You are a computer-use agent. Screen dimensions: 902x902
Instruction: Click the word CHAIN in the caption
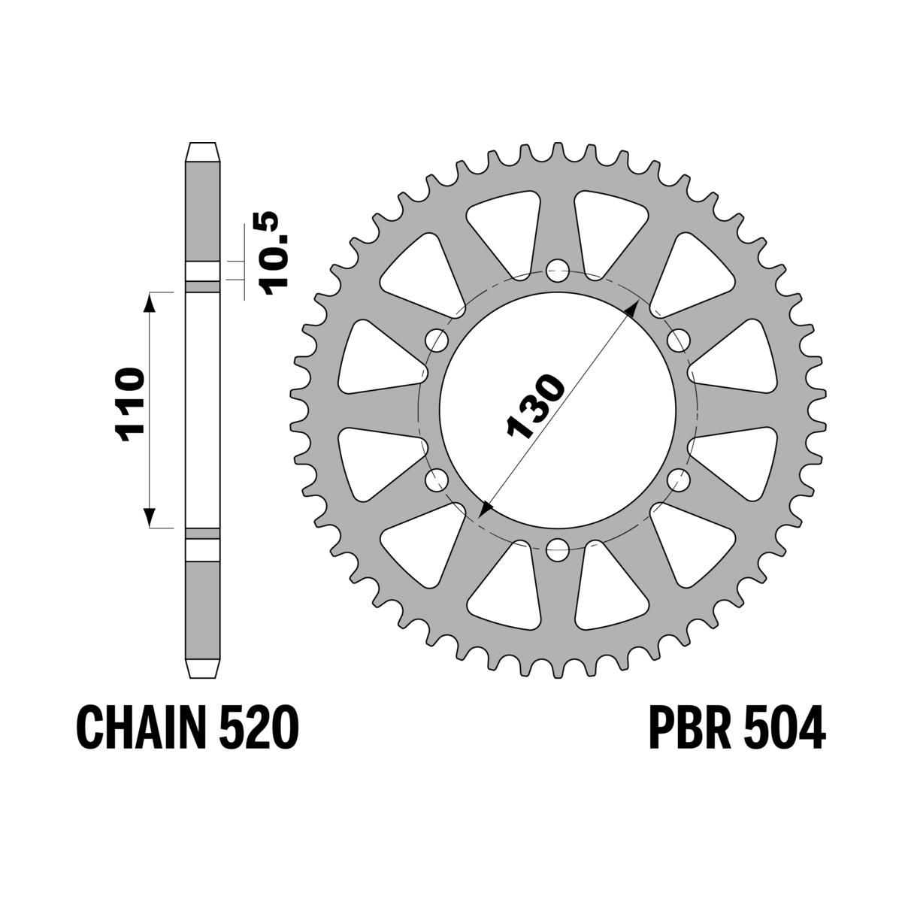[x=135, y=727]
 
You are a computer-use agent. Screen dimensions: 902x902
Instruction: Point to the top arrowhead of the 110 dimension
[x=150, y=301]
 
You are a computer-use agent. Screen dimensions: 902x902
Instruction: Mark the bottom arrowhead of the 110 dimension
[x=150, y=519]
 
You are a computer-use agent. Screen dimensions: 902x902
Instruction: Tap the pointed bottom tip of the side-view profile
[x=203, y=671]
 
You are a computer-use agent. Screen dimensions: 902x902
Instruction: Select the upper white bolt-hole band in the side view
[x=203, y=271]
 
